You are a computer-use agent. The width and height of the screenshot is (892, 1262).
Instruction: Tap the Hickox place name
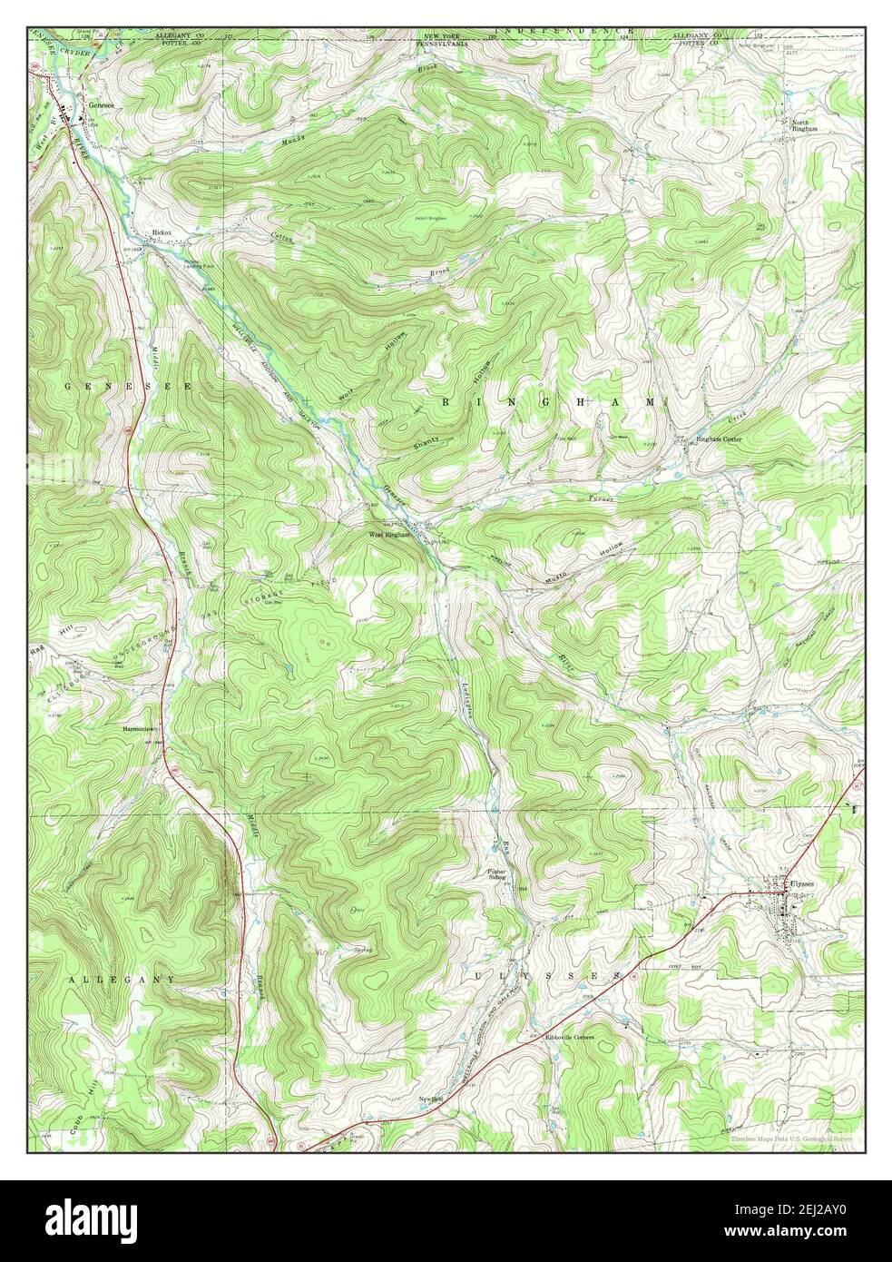tap(162, 233)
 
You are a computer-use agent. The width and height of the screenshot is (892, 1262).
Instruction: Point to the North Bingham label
tap(804, 126)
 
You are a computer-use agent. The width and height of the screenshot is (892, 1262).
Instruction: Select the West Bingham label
tap(390, 535)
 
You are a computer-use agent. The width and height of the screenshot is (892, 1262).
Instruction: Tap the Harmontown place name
tap(143, 728)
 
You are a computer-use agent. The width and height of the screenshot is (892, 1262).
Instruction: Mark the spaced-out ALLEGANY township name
tap(121, 980)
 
